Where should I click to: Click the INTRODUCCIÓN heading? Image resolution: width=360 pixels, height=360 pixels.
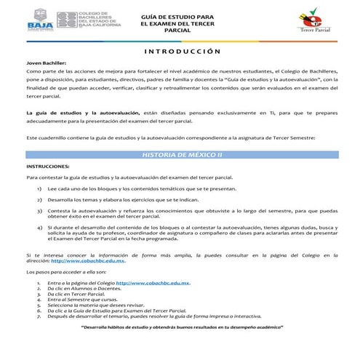[179, 52]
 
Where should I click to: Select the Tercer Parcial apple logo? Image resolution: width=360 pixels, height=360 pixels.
[312, 21]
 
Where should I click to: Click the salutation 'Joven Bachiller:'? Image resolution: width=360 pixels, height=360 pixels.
[45, 64]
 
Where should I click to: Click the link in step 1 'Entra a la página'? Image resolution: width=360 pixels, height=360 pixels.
[153, 282]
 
